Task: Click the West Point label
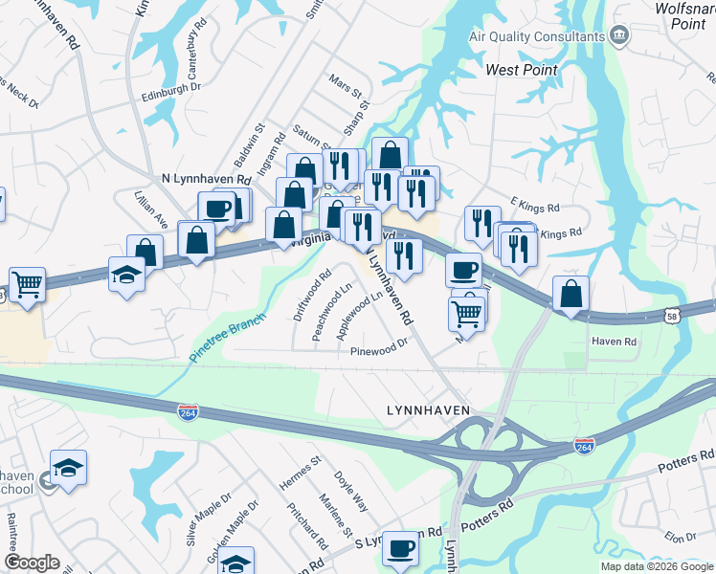(x=521, y=70)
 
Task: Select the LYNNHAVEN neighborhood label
(x=428, y=409)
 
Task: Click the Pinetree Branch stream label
(x=226, y=338)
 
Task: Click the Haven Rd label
(x=614, y=342)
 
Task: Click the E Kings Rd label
(x=533, y=205)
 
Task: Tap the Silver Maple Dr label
(x=209, y=518)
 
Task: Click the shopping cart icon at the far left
(x=27, y=283)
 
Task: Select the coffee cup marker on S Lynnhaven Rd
(x=400, y=548)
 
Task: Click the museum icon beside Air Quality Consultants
(x=619, y=36)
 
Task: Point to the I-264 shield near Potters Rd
(x=583, y=446)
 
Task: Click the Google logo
(x=32, y=563)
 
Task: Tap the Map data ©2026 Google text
(x=656, y=566)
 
